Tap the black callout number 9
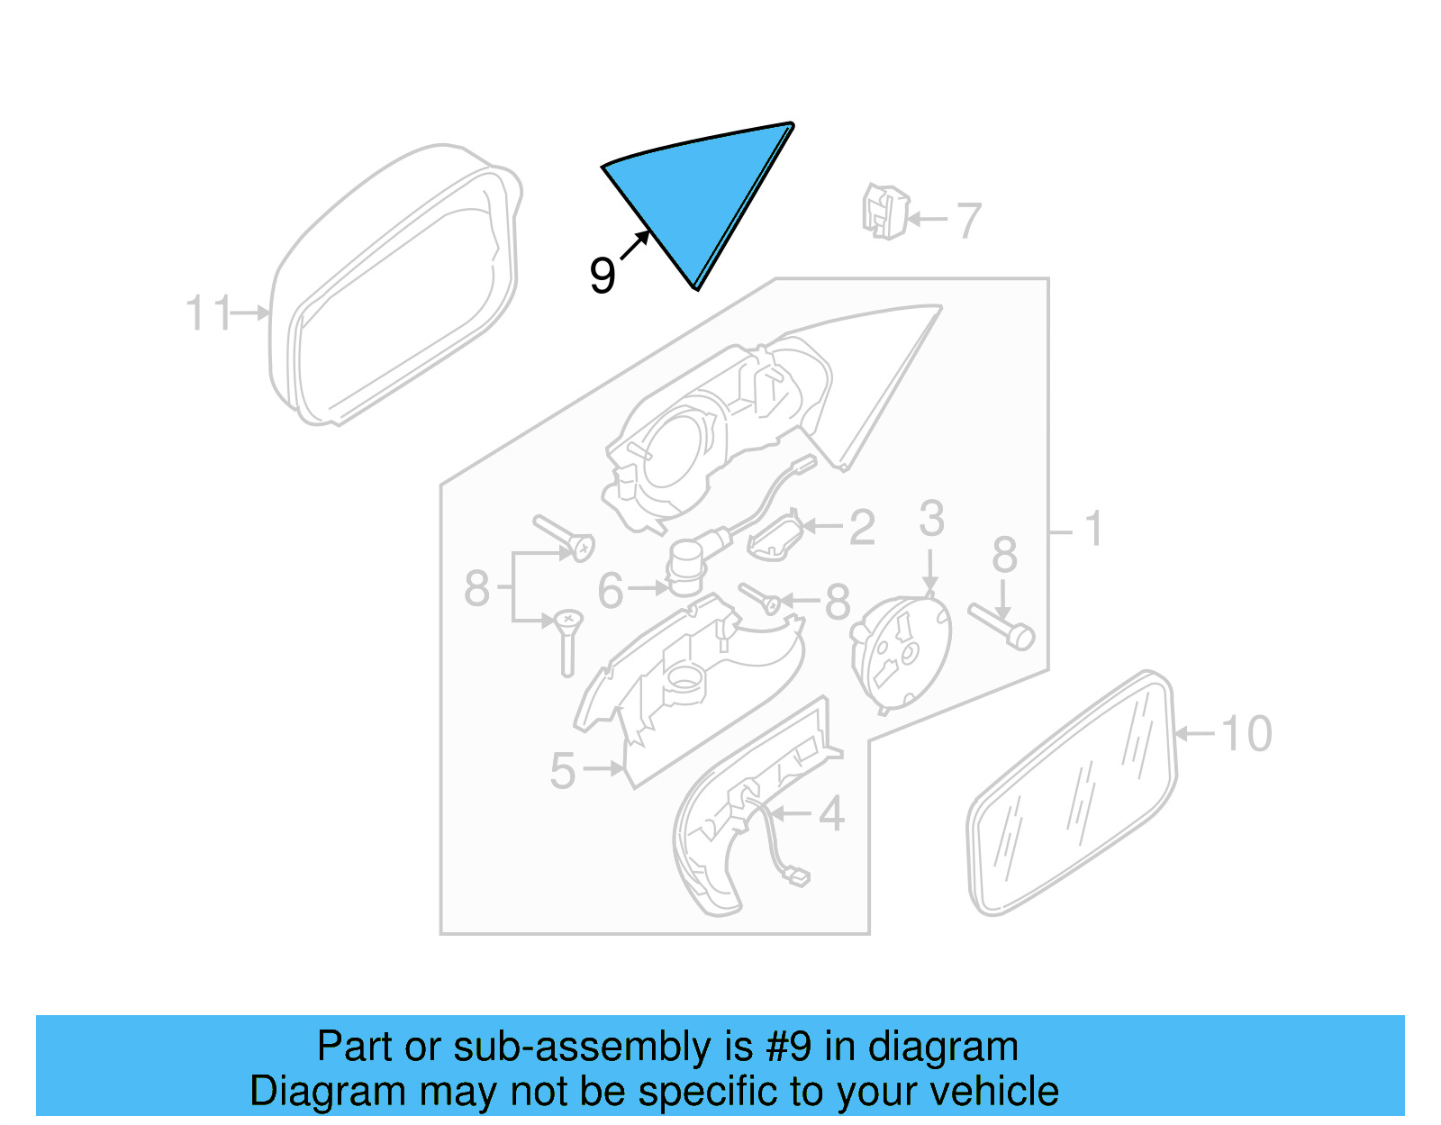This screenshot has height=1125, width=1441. tap(603, 275)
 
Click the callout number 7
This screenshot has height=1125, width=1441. tap(968, 220)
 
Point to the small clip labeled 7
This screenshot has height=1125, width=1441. tap(884, 212)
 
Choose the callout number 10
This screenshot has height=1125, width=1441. tap(1246, 734)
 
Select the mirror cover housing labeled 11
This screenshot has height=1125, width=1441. tap(396, 284)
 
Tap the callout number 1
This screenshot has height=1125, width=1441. tap(1093, 530)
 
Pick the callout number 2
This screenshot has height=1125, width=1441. tap(862, 528)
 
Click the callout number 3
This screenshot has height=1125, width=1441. tap(932, 519)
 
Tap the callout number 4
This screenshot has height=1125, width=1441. tap(831, 814)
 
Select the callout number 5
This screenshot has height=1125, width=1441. tap(563, 771)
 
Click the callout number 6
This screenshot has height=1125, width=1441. tap(611, 591)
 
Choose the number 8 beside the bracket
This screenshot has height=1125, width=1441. tap(476, 589)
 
